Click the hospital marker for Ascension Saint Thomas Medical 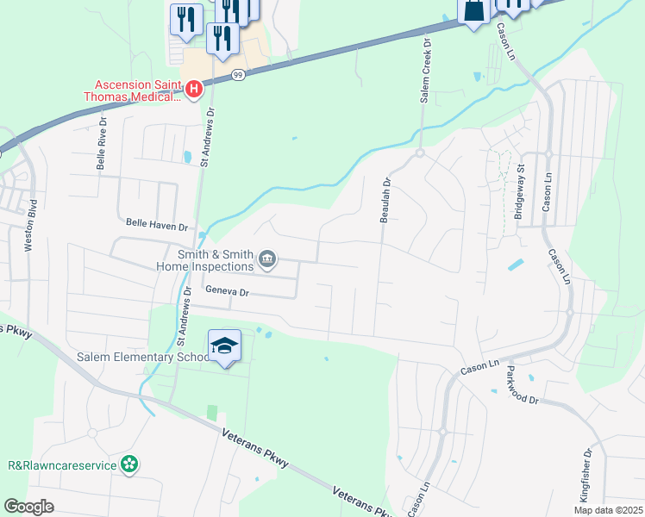pyautogui.click(x=194, y=88)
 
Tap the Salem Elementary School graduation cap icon pyautogui.click(x=225, y=346)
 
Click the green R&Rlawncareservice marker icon pyautogui.click(x=129, y=464)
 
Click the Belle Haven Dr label pyautogui.click(x=156, y=226)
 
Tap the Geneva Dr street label pyautogui.click(x=226, y=292)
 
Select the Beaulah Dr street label pyautogui.click(x=386, y=201)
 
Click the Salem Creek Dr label pyautogui.click(x=425, y=71)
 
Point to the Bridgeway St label pyautogui.click(x=519, y=194)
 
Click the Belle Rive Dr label pyautogui.click(x=102, y=147)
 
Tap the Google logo pyautogui.click(x=29, y=507)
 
